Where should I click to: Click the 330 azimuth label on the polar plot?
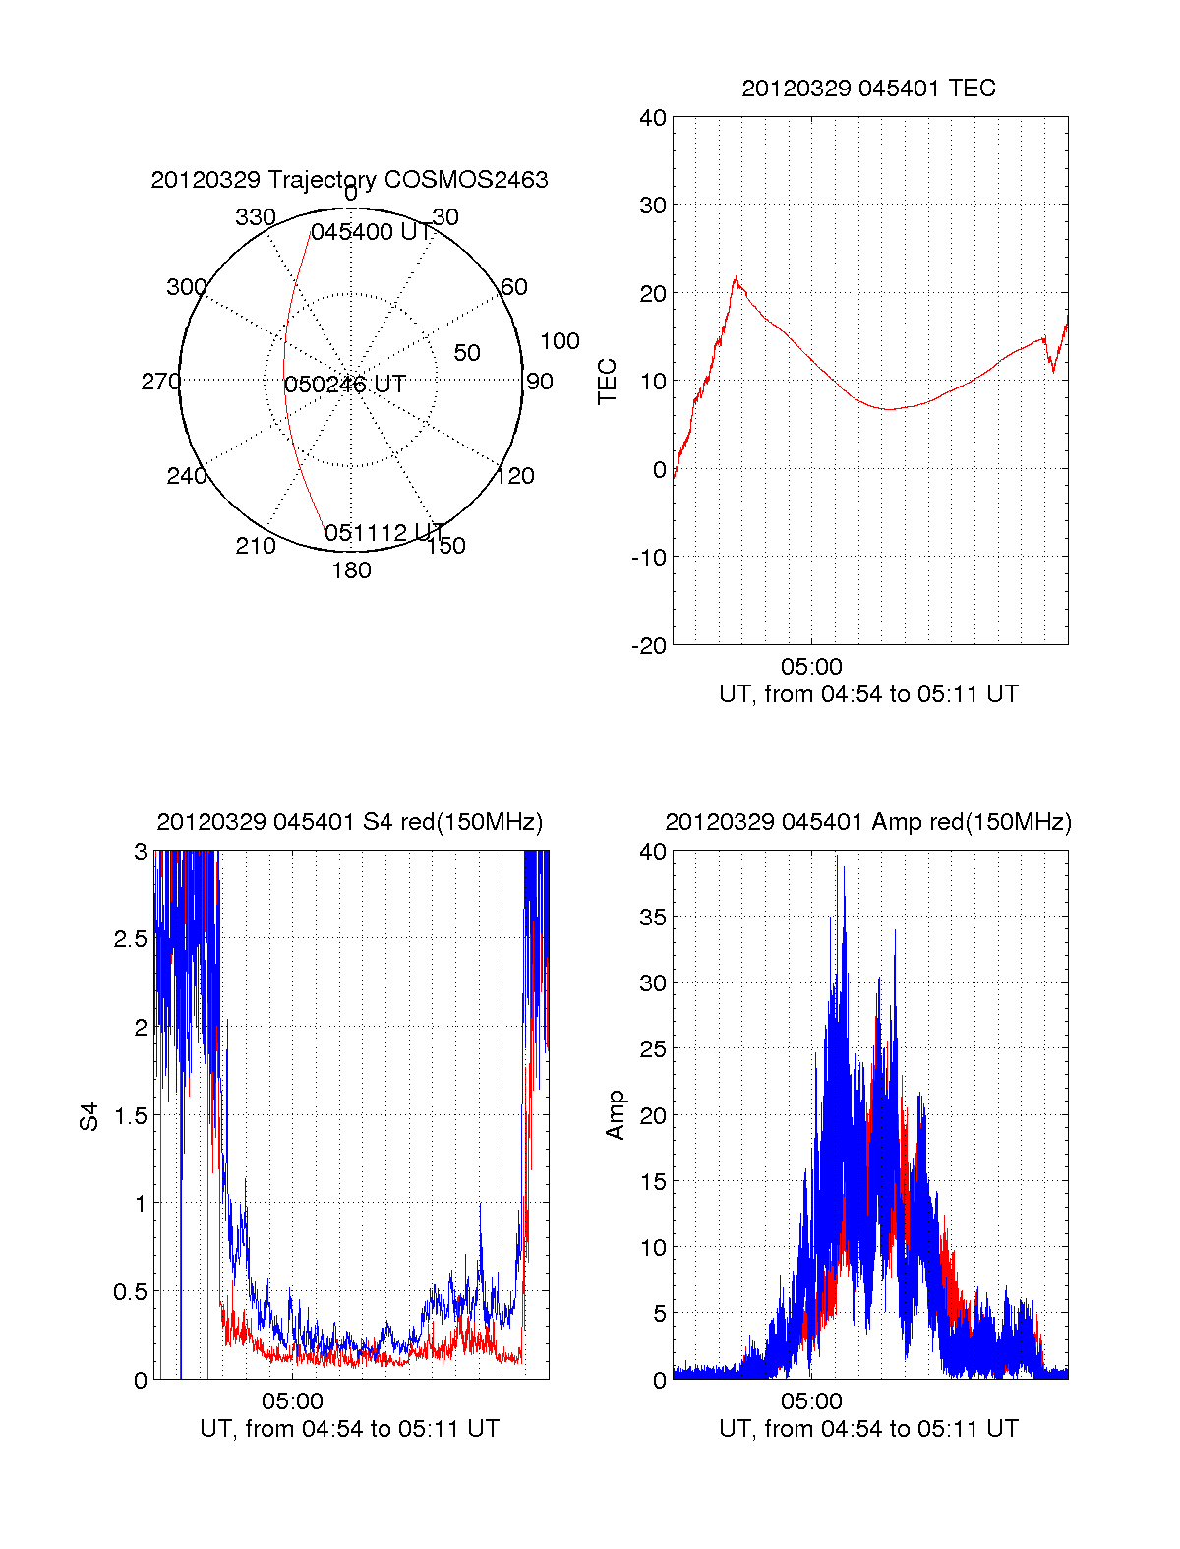(x=256, y=217)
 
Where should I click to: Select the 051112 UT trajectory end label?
(x=385, y=533)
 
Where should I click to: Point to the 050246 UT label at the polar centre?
(x=345, y=385)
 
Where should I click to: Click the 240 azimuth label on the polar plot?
(x=187, y=476)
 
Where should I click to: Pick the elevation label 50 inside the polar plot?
(x=467, y=353)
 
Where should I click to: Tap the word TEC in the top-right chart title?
(x=973, y=89)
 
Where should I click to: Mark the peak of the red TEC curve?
(x=736, y=277)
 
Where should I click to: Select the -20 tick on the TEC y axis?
(x=650, y=645)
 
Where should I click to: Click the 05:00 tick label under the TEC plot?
(x=811, y=667)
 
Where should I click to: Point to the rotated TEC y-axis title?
(x=608, y=382)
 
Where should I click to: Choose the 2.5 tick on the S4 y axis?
(x=131, y=939)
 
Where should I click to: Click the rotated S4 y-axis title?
(x=89, y=1116)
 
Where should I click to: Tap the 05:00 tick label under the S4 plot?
(x=292, y=1401)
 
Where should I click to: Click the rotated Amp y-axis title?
(x=616, y=1115)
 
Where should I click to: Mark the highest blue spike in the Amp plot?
(x=843, y=867)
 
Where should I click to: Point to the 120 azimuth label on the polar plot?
(x=515, y=476)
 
